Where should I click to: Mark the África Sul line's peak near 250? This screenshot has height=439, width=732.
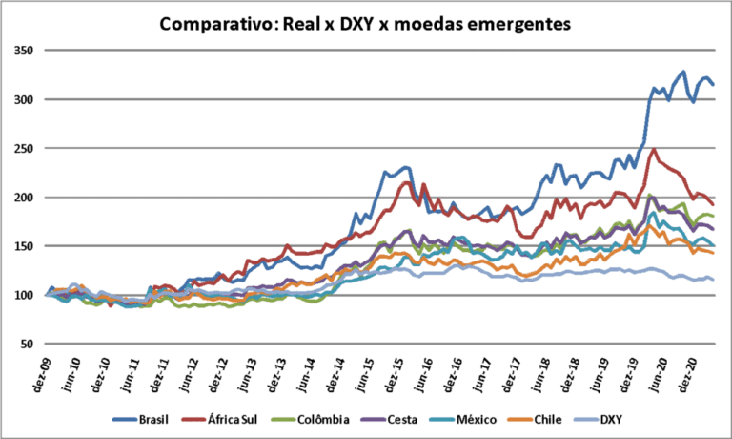pyautogui.click(x=653, y=149)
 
